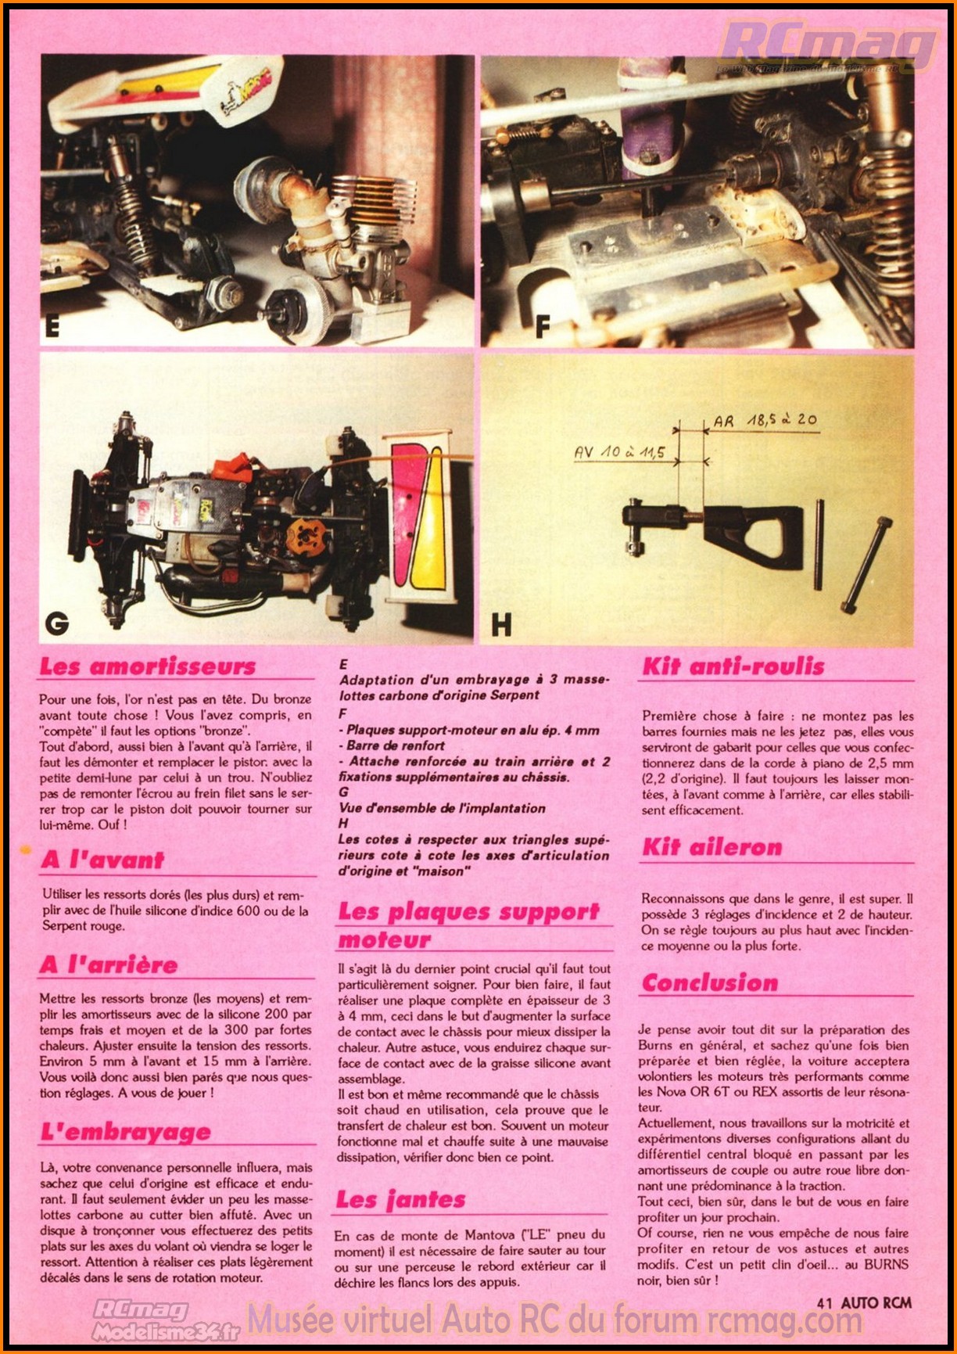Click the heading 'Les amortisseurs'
click(x=148, y=666)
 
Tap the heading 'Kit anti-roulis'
click(x=733, y=666)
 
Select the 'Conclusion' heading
click(x=710, y=982)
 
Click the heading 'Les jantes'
click(x=400, y=1199)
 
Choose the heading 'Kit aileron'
click(x=712, y=847)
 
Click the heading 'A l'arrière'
click(x=109, y=964)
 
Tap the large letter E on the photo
click(x=52, y=325)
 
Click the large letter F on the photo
click(x=543, y=326)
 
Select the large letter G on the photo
click(x=56, y=623)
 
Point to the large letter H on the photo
click(x=501, y=625)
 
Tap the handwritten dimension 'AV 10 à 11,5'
click(x=619, y=452)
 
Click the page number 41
click(x=824, y=1302)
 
